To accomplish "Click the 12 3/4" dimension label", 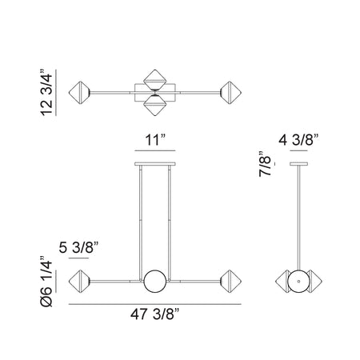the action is click(x=46, y=93).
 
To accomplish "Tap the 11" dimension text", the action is click(x=155, y=140).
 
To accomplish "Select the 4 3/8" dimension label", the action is click(x=298, y=140).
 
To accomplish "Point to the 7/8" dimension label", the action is click(x=265, y=164).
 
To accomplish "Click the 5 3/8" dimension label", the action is click(x=78, y=247).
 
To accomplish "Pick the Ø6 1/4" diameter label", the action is click(x=46, y=282).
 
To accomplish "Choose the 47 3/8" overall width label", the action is click(x=155, y=314).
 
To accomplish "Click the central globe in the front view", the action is click(x=155, y=282).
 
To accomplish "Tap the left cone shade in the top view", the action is click(x=79, y=93).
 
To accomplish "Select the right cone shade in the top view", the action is click(x=231, y=93).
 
